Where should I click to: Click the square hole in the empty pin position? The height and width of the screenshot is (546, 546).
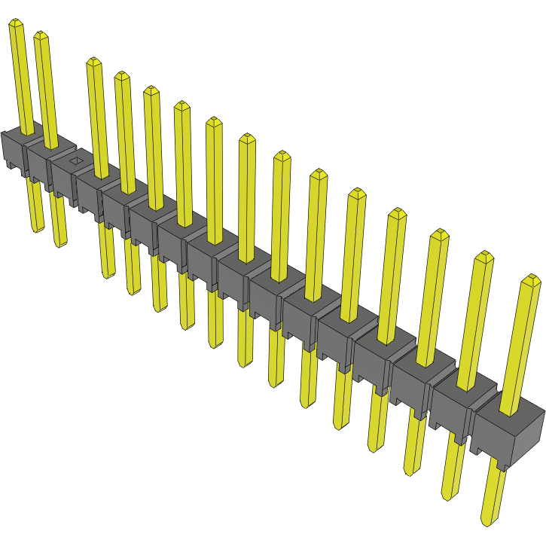75,160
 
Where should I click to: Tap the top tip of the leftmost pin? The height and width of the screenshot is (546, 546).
15,25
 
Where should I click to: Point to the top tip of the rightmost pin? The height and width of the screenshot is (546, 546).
531,280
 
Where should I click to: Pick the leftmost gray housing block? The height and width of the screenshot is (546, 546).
13,149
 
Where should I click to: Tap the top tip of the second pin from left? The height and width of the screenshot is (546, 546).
41,35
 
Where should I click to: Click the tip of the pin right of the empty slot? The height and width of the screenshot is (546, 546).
93,62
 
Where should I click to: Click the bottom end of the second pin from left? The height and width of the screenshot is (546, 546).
60,243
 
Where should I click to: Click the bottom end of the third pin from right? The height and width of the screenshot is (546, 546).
410,471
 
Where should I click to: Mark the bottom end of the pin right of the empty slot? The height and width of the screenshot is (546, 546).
108,275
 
